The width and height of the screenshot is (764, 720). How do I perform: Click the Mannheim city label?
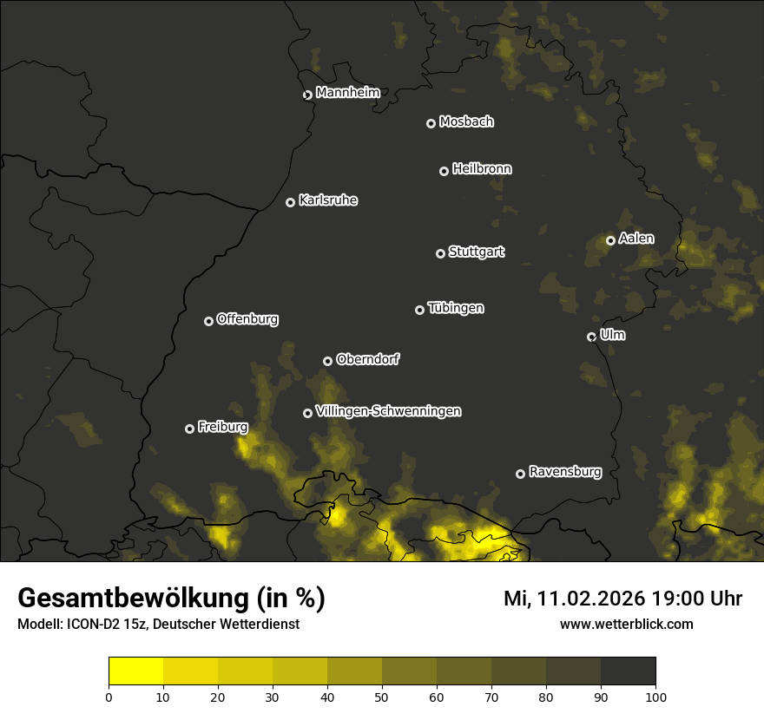point(347,93)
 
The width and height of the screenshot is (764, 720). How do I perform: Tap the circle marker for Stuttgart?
point(440,253)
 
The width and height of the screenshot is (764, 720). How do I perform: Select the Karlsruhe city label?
point(327,200)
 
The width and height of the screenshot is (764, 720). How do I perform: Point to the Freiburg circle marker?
point(189,429)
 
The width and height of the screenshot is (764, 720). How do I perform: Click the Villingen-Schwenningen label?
point(388,411)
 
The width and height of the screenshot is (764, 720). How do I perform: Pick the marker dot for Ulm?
point(591,337)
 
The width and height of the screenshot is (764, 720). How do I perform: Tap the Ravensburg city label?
point(564,472)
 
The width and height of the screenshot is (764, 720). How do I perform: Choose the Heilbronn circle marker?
point(444,171)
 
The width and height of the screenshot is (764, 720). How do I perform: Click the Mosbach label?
point(466,121)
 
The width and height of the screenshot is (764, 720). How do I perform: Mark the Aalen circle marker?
point(610,240)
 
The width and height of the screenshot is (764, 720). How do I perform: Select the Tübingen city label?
point(456,308)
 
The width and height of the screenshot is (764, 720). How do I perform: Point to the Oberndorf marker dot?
point(327,361)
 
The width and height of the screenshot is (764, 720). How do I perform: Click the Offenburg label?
point(247,319)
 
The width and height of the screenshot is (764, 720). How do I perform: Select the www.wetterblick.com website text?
point(626,624)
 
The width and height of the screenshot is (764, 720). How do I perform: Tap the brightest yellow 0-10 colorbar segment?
point(136,671)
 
